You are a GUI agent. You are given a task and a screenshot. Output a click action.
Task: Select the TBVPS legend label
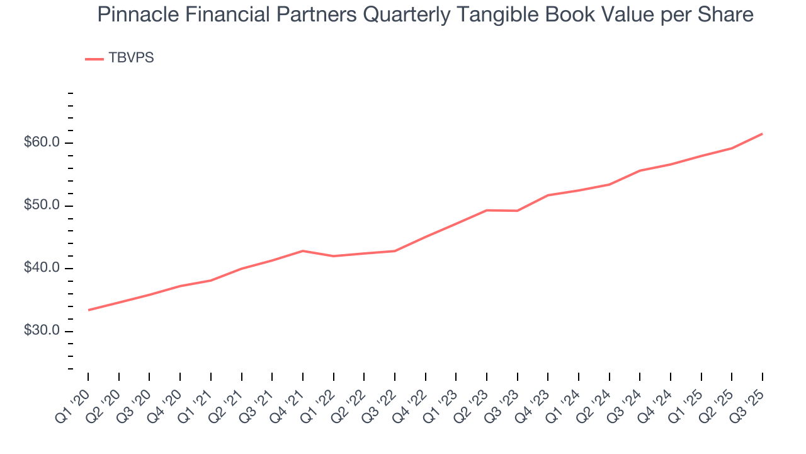(x=131, y=58)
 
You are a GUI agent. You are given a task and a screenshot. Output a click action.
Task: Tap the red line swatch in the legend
(x=94, y=59)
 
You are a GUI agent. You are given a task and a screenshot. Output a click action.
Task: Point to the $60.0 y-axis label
(x=42, y=143)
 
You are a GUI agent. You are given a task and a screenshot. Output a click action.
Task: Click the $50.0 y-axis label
(x=42, y=206)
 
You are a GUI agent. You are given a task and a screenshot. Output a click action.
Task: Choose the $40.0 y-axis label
(x=42, y=269)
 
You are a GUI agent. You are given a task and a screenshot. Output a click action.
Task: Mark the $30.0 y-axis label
(x=42, y=331)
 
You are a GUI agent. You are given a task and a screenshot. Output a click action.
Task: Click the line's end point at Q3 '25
(x=763, y=134)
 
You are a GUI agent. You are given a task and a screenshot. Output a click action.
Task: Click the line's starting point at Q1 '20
(x=88, y=310)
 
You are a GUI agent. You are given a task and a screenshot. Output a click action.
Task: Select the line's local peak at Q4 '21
(x=303, y=251)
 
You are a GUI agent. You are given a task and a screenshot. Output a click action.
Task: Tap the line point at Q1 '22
(x=333, y=256)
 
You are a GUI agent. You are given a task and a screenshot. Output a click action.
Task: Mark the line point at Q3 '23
(x=517, y=211)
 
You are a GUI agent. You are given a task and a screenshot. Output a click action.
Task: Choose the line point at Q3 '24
(x=640, y=171)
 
